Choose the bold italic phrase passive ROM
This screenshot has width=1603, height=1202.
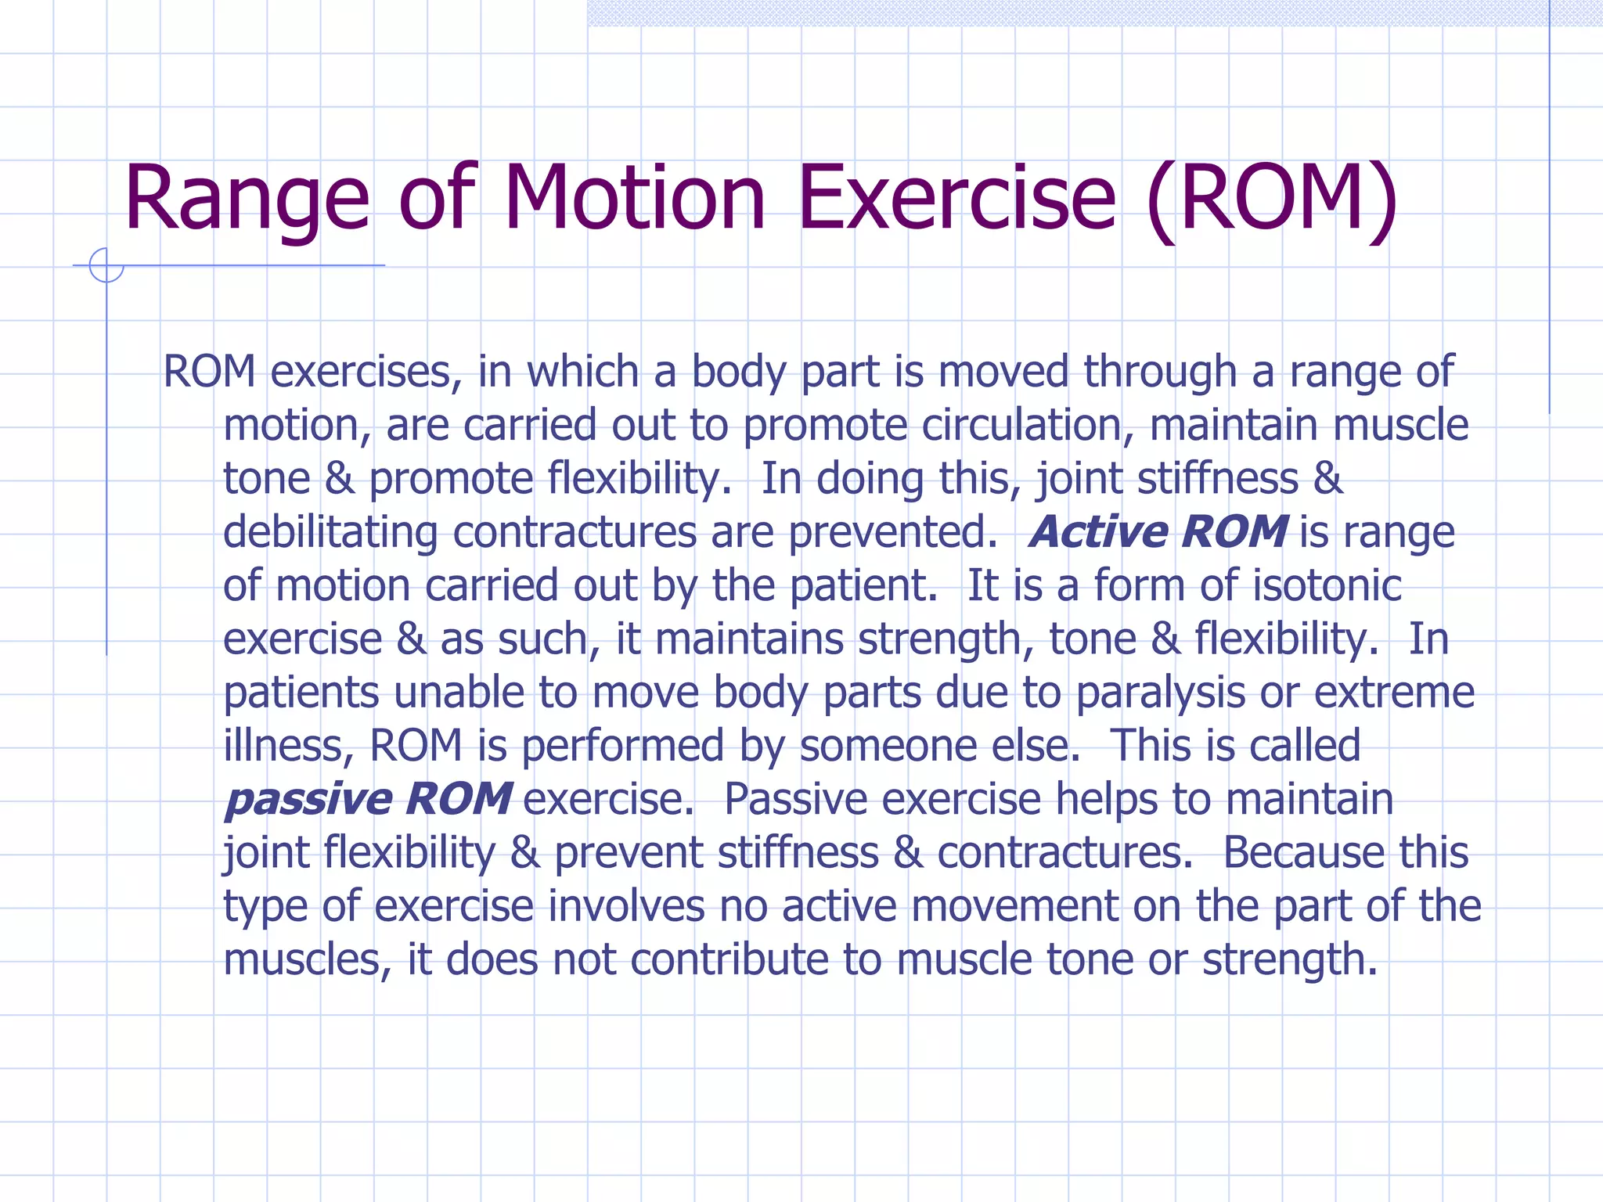click(369, 799)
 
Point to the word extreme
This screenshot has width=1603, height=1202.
click(1394, 693)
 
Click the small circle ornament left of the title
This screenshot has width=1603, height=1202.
click(106, 265)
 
